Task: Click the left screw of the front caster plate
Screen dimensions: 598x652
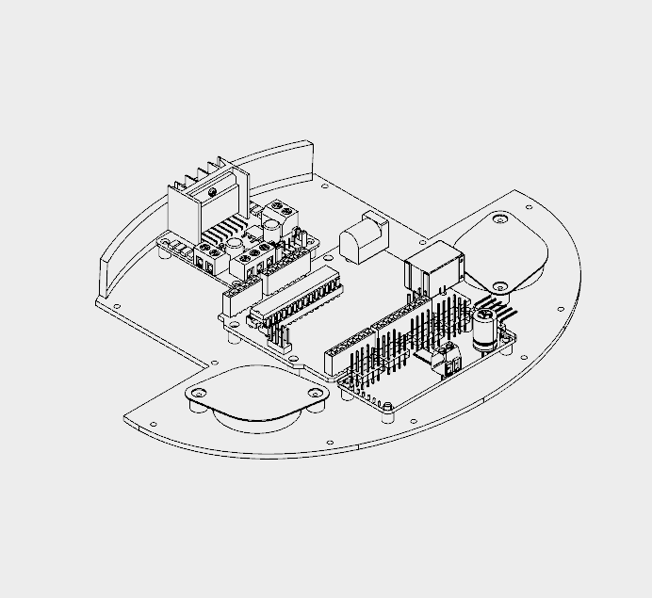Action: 198,392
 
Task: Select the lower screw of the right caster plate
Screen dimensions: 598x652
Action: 497,284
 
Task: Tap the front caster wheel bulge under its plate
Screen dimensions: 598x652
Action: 254,417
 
